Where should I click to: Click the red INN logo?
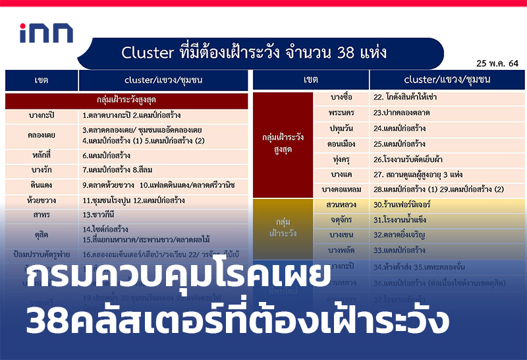[46, 34]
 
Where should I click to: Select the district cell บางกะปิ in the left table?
[42, 115]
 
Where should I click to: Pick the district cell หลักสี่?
[42, 156]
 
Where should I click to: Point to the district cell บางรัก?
[42, 170]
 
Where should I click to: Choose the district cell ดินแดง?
[42, 185]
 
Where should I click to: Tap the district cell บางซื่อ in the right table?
[345, 98]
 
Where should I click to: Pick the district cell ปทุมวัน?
[345, 129]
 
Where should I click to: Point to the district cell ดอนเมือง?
[345, 144]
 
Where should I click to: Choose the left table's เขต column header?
[42, 80]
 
